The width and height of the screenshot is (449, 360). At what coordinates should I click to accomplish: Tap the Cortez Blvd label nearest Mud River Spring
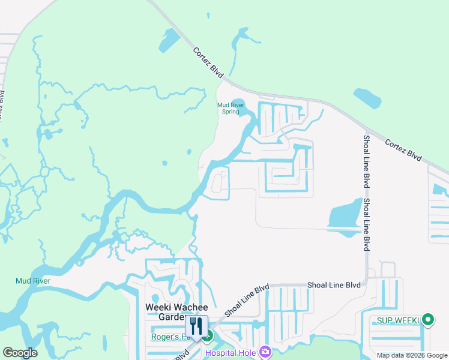point(208,62)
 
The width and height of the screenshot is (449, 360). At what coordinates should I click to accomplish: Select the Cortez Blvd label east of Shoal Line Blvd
point(403,149)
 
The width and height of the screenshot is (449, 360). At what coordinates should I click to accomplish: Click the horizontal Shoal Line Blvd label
point(334,286)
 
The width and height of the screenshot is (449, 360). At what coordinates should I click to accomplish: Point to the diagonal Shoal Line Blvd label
point(247,301)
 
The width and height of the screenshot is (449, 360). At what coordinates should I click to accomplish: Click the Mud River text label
point(33,281)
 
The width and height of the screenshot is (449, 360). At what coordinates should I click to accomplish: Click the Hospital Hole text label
point(231,352)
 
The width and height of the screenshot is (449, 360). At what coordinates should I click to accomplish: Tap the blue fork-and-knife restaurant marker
point(196,326)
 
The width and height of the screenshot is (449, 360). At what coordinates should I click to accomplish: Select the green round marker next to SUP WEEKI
point(427,320)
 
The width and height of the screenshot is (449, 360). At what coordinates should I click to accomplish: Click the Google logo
point(20,353)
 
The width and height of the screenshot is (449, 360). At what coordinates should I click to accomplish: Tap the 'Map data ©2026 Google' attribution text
point(412,355)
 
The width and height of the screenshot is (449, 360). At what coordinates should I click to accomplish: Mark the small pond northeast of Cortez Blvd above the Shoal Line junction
point(367,98)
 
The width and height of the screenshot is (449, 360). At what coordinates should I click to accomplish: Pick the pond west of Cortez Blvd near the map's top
point(169,40)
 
